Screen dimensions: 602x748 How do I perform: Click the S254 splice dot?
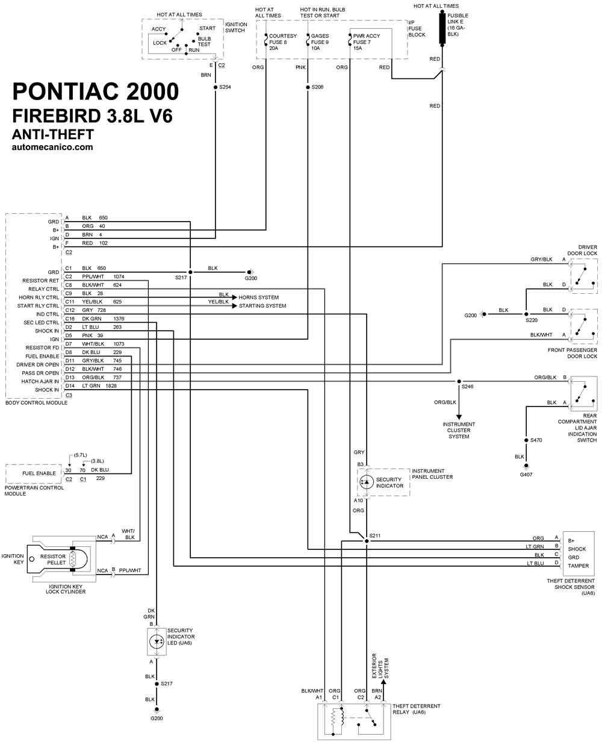pyautogui.click(x=216, y=87)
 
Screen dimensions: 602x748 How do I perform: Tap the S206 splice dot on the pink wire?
pyautogui.click(x=308, y=87)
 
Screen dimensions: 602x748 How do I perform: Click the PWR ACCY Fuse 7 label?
pyautogui.click(x=367, y=42)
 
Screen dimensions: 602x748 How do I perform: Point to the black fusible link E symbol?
pyautogui.click(x=442, y=28)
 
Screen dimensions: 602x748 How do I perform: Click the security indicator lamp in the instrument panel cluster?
pyautogui.click(x=367, y=482)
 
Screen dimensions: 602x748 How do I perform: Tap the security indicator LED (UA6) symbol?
pyautogui.click(x=157, y=641)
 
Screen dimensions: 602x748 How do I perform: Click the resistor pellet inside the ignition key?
pyautogui.click(x=72, y=559)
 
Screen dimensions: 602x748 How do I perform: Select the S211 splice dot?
pyautogui.click(x=367, y=541)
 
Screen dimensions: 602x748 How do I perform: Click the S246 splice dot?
pyautogui.click(x=459, y=381)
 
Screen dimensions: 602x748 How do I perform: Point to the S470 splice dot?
pyautogui.click(x=526, y=440)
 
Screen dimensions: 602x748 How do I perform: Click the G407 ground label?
pyautogui.click(x=526, y=475)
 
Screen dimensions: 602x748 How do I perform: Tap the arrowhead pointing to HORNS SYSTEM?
pyautogui.click(x=235, y=297)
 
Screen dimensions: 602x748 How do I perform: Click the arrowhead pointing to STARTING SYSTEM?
pyautogui.click(x=235, y=306)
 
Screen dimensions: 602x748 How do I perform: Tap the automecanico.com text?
pyautogui.click(x=52, y=147)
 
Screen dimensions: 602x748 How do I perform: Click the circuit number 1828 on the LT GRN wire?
pyautogui.click(x=111, y=386)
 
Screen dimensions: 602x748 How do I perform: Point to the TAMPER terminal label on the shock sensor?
pyautogui.click(x=579, y=566)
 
